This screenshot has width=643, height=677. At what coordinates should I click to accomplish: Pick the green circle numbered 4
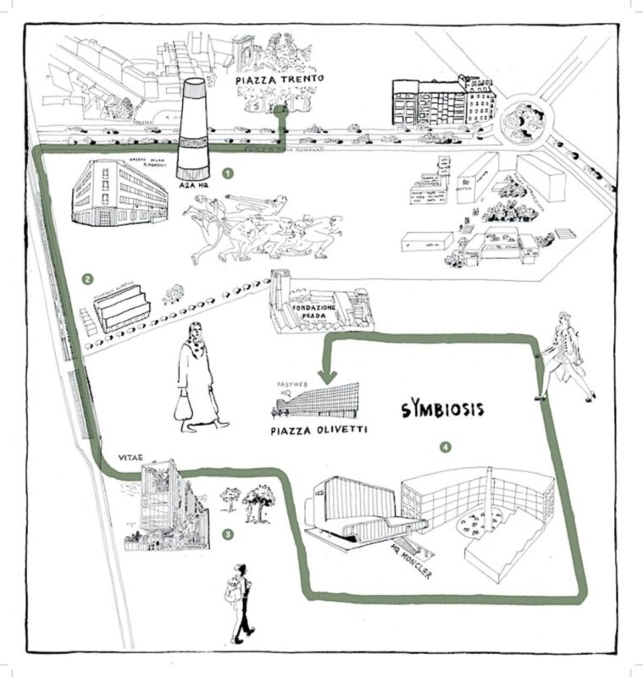click(x=446, y=446)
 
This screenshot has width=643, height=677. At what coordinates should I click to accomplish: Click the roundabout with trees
click(x=518, y=123)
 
